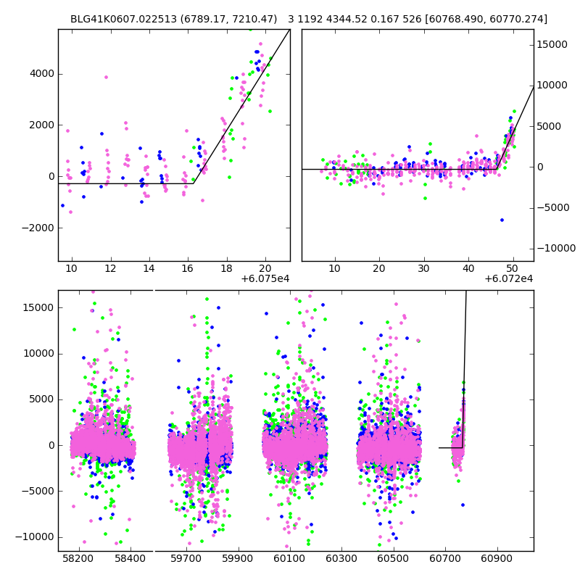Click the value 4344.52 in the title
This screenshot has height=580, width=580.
click(343, 19)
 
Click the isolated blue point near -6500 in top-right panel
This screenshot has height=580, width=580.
click(502, 220)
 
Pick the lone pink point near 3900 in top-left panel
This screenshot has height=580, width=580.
click(106, 77)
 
